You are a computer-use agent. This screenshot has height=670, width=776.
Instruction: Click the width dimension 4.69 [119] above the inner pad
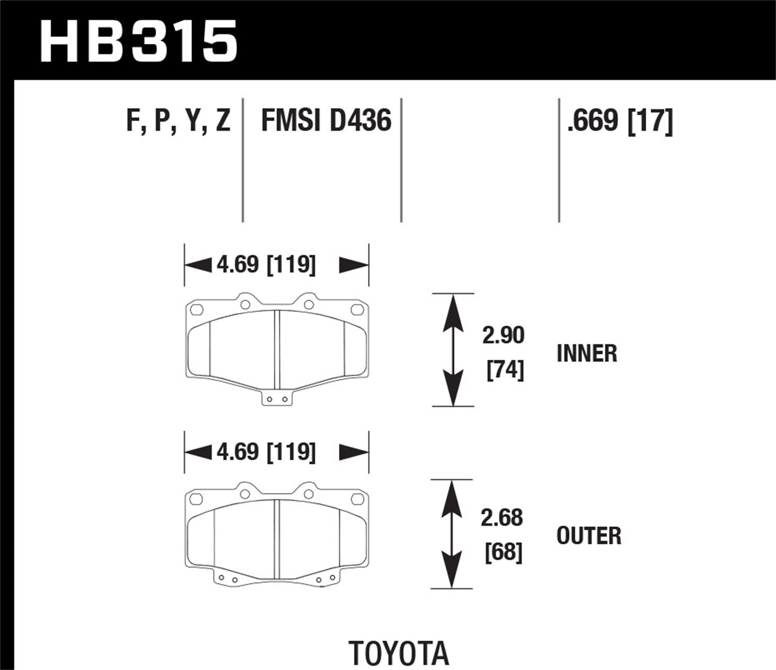coord(266,265)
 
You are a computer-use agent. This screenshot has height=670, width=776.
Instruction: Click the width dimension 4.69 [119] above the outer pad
coord(266,452)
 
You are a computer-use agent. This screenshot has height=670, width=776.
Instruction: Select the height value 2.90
coord(503,336)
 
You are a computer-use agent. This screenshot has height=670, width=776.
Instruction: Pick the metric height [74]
coord(505,370)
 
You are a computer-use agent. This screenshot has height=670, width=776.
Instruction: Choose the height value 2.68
coord(502,517)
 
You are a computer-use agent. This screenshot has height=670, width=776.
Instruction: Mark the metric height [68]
coord(503,552)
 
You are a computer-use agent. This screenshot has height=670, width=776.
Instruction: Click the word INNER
coord(587,354)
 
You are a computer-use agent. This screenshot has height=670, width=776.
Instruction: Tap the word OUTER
coord(589,536)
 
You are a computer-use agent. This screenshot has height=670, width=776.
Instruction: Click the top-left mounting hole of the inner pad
coord(196,310)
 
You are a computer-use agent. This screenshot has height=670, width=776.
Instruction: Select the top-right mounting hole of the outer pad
coord(357,499)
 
